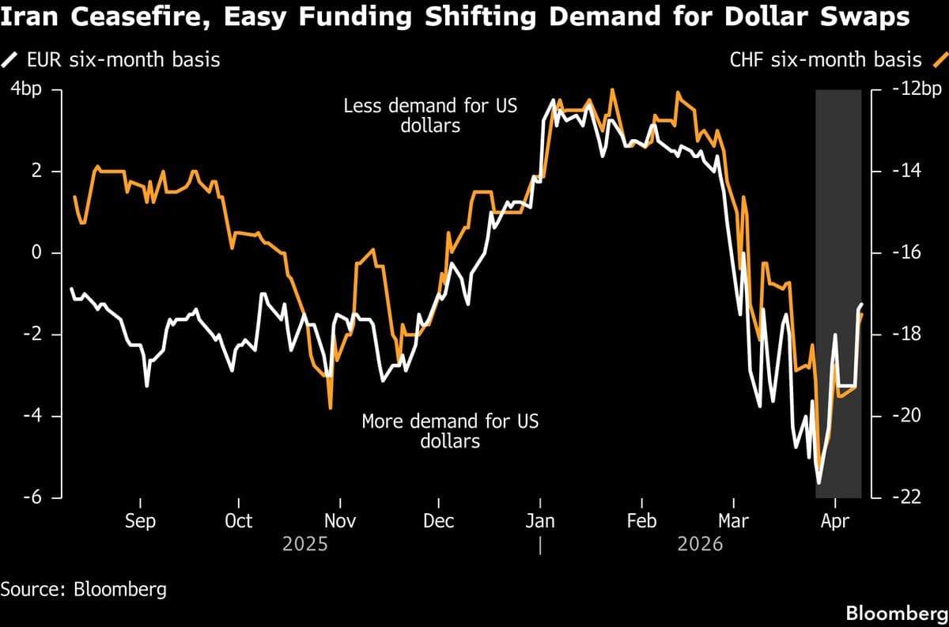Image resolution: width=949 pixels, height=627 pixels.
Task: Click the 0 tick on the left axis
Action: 35,253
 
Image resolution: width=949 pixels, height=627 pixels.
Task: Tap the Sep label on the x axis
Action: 140,521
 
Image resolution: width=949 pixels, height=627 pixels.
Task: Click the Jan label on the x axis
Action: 539,521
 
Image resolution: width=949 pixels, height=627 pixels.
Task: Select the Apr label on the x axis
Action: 835,521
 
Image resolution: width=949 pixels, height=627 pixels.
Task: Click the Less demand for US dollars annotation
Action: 430,115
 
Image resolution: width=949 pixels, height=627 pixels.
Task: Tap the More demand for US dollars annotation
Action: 450,431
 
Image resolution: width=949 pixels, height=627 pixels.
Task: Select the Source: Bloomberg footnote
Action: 84,589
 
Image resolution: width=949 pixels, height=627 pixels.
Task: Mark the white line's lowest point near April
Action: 819,482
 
